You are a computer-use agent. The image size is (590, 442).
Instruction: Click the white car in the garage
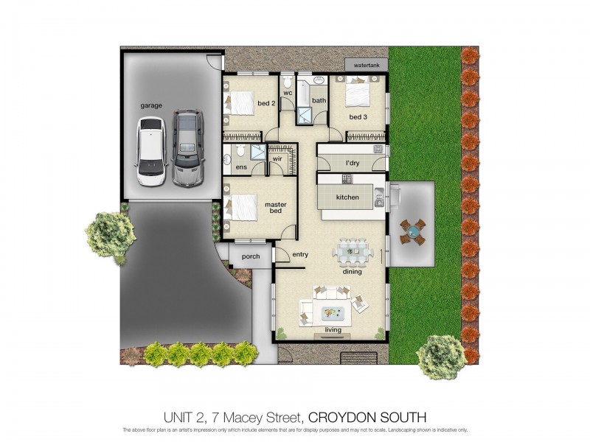[150, 151]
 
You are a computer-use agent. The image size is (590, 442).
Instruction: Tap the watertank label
[367, 66]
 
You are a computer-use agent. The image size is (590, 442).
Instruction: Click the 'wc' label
[288, 94]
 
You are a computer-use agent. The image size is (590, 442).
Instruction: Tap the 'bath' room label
[319, 100]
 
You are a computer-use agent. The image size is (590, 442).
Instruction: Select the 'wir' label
[278, 158]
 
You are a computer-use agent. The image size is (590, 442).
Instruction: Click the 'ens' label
[240, 167]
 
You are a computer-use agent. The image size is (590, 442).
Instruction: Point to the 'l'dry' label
[352, 163]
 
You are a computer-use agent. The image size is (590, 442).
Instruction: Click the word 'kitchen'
[347, 197]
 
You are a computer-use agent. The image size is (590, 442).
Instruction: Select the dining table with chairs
[353, 252]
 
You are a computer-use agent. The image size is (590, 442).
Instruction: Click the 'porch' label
[251, 256]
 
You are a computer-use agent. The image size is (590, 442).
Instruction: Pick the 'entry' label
[300, 255]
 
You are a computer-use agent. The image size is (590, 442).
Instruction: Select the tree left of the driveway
[111, 234]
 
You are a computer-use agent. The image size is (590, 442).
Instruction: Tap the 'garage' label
[151, 105]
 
